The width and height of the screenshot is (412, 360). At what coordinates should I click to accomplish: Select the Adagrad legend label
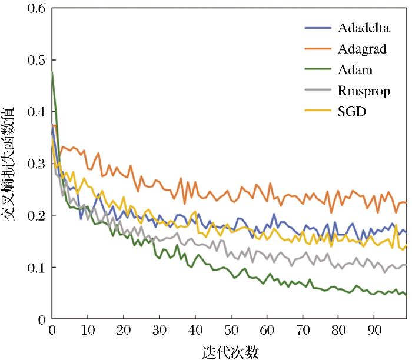point(363,49)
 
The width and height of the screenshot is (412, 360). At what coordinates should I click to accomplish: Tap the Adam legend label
point(355,70)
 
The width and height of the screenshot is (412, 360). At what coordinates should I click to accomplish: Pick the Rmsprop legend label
point(364,91)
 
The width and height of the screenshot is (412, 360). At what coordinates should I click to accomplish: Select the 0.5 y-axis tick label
point(35,60)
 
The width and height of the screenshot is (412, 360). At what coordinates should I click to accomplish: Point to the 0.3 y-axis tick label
point(35,164)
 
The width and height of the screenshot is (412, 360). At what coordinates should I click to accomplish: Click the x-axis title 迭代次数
point(229,350)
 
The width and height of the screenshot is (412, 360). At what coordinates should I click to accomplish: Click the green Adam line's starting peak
point(52,72)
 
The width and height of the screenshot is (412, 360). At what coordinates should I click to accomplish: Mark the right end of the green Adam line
point(406,295)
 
